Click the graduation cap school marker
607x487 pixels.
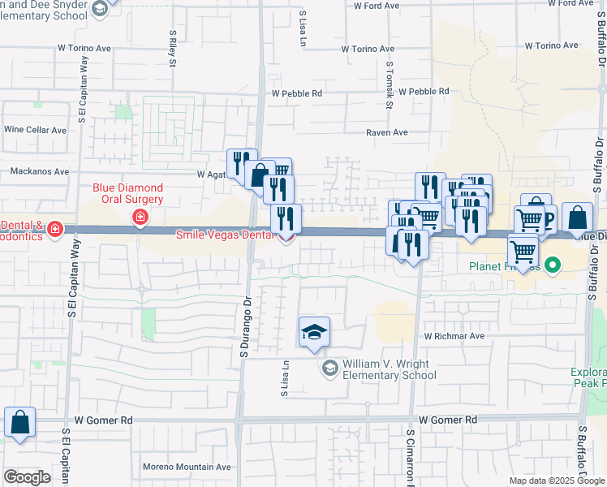314,333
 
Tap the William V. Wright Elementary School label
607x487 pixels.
389,369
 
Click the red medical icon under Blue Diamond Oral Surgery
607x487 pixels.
140,217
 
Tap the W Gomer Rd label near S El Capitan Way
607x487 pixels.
103,420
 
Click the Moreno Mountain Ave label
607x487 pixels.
187,467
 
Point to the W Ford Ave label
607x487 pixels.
377,6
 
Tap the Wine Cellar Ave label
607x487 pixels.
35,130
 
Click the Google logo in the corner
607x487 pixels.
27,476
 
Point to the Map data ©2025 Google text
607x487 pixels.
557,480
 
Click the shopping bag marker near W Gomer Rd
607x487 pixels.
19,424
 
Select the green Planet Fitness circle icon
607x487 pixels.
553,265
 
